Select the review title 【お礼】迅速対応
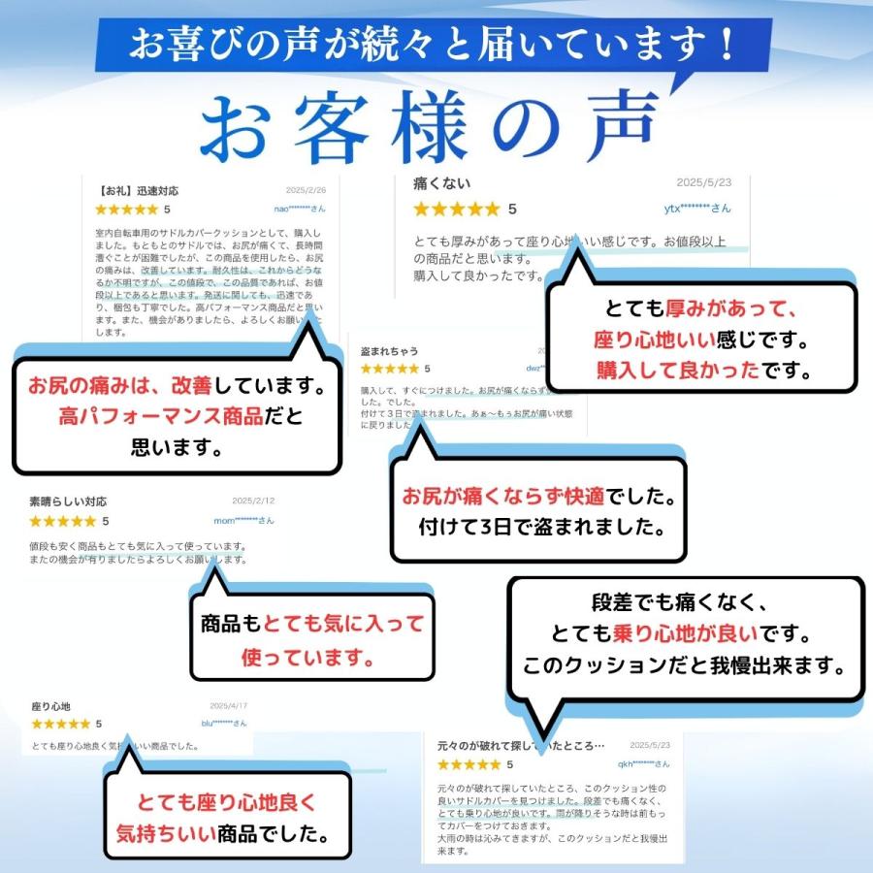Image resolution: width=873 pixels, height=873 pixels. [x=139, y=191]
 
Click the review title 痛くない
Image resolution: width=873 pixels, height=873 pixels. [x=442, y=183]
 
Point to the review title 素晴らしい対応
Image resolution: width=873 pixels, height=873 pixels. [x=68, y=501]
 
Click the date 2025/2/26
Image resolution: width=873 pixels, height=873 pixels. [x=306, y=191]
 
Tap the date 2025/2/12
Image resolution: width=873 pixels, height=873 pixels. [x=254, y=501]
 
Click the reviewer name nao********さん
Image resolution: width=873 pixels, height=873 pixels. [x=299, y=209]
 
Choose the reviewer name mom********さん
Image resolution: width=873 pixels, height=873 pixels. [x=244, y=521]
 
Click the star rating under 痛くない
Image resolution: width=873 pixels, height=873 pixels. [x=456, y=209]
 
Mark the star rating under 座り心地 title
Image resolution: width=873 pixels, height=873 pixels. [x=61, y=725]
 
